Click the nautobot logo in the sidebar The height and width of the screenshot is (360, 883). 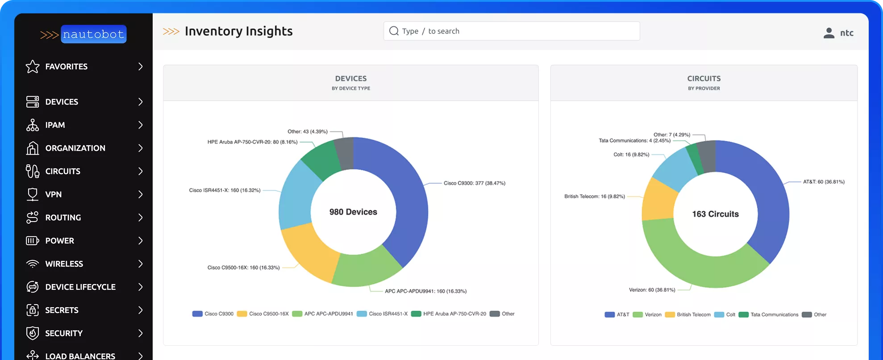click(84, 34)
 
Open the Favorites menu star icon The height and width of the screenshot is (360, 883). click(33, 67)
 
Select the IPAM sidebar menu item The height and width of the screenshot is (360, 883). click(55, 125)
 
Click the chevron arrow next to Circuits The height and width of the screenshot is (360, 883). click(140, 172)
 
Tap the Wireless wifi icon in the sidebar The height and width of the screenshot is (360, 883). click(33, 264)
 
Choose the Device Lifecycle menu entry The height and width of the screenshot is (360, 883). click(80, 287)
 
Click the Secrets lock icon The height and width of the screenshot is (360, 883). click(33, 310)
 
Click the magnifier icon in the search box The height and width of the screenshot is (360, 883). click(394, 31)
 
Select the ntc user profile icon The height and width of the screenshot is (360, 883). click(829, 33)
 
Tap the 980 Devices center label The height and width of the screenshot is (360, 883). click(353, 212)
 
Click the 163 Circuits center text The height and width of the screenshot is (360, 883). click(715, 214)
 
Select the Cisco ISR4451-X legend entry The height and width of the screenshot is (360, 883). click(383, 314)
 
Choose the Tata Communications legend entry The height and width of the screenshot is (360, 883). click(769, 315)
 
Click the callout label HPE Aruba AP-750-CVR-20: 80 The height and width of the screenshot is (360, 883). click(252, 142)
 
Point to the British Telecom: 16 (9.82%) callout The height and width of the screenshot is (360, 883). click(595, 197)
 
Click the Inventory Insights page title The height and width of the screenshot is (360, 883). click(238, 31)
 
